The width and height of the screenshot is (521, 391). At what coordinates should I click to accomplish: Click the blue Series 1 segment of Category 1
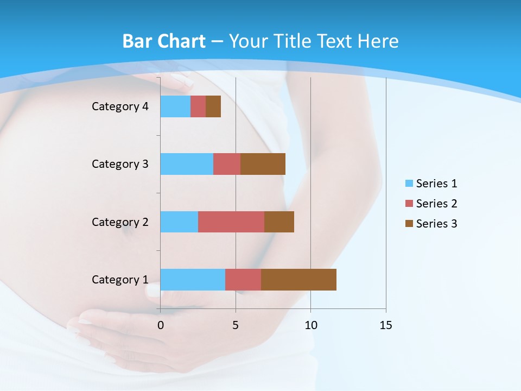193,280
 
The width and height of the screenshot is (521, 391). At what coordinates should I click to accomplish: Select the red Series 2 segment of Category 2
231,222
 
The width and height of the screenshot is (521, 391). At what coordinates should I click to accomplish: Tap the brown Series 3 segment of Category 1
298,280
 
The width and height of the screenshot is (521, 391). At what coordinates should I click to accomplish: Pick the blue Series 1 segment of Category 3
187,164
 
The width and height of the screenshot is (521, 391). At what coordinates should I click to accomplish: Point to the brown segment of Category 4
213,106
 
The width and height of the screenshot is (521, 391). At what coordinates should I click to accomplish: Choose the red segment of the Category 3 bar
227,164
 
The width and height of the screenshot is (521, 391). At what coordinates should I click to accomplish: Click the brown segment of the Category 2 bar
279,222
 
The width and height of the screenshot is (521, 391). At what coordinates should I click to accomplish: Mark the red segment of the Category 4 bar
198,106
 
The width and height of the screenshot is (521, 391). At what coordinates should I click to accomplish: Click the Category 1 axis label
120,280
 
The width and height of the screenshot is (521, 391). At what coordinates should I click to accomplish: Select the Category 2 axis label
120,222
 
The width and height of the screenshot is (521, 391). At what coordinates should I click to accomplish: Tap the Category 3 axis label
120,164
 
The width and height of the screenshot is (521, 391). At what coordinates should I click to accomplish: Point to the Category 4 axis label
120,106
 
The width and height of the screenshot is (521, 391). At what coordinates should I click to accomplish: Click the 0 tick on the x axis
160,325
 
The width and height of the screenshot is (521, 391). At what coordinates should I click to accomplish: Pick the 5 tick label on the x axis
236,325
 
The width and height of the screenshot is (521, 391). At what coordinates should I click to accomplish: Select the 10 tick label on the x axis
310,325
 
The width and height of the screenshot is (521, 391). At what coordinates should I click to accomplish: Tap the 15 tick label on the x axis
386,325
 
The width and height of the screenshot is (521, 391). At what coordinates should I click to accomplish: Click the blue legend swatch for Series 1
409,184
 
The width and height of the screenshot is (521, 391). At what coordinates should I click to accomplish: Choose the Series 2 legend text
436,204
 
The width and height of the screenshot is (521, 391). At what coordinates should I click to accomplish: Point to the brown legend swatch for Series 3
409,224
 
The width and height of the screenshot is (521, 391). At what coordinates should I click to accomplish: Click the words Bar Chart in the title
164,41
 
